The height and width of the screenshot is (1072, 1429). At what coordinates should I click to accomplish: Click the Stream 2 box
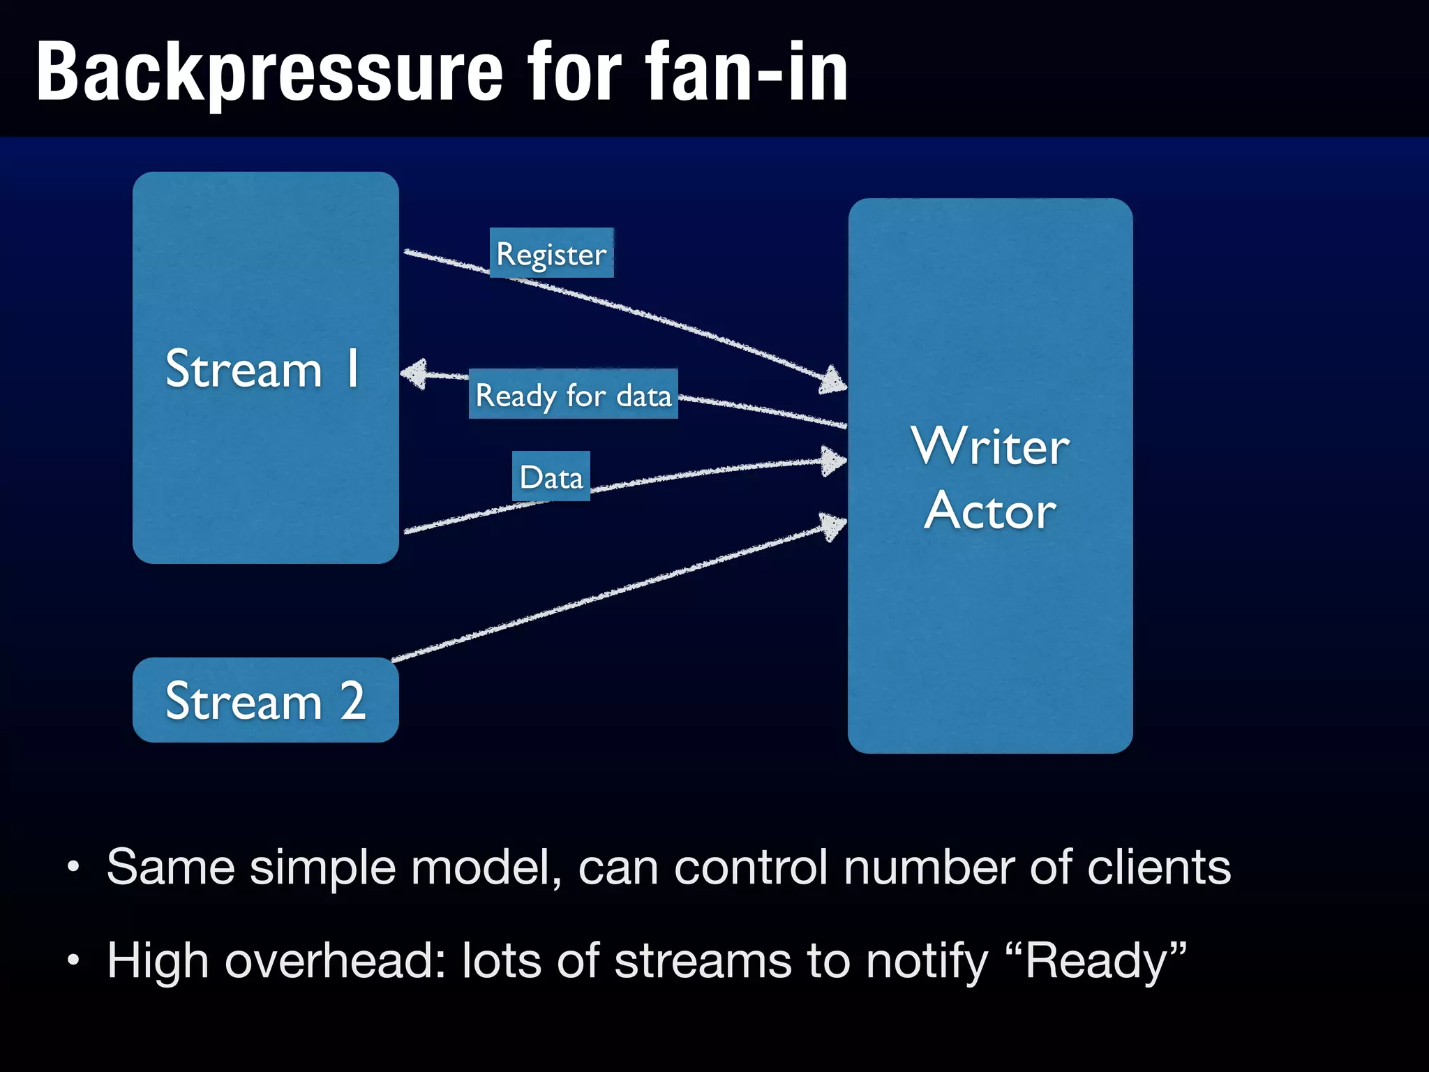tap(265, 700)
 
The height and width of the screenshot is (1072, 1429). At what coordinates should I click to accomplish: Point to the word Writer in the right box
tap(989, 447)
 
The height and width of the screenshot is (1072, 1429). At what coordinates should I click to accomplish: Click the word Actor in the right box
tap(989, 511)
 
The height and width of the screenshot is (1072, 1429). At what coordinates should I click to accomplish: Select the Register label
tap(551, 254)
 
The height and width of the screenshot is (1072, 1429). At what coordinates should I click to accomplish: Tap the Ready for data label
tap(573, 395)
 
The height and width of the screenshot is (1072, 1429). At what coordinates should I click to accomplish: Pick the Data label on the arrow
tap(551, 477)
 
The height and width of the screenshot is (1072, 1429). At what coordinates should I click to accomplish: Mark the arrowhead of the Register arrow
tap(833, 380)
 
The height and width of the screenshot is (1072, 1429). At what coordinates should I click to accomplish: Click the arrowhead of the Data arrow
tap(833, 461)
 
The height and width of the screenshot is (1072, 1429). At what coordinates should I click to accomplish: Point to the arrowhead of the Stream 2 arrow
tap(832, 526)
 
